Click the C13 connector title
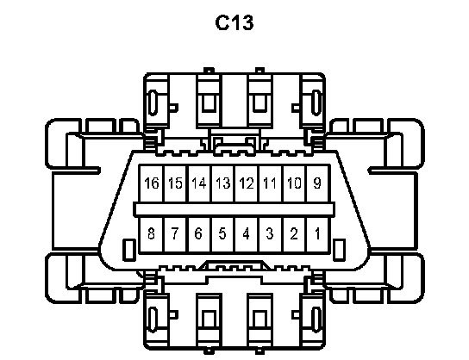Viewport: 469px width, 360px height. click(234, 23)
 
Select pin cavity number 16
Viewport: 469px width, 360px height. click(152, 183)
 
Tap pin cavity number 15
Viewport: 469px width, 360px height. click(176, 183)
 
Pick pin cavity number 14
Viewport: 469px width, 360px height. click(199, 183)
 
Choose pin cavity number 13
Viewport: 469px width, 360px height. click(223, 183)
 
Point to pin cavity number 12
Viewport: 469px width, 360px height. click(247, 183)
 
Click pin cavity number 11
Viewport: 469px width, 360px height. click(271, 183)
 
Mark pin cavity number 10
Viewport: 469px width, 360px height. click(294, 183)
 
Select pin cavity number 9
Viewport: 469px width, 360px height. click(317, 183)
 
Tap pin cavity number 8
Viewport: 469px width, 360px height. click(152, 234)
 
